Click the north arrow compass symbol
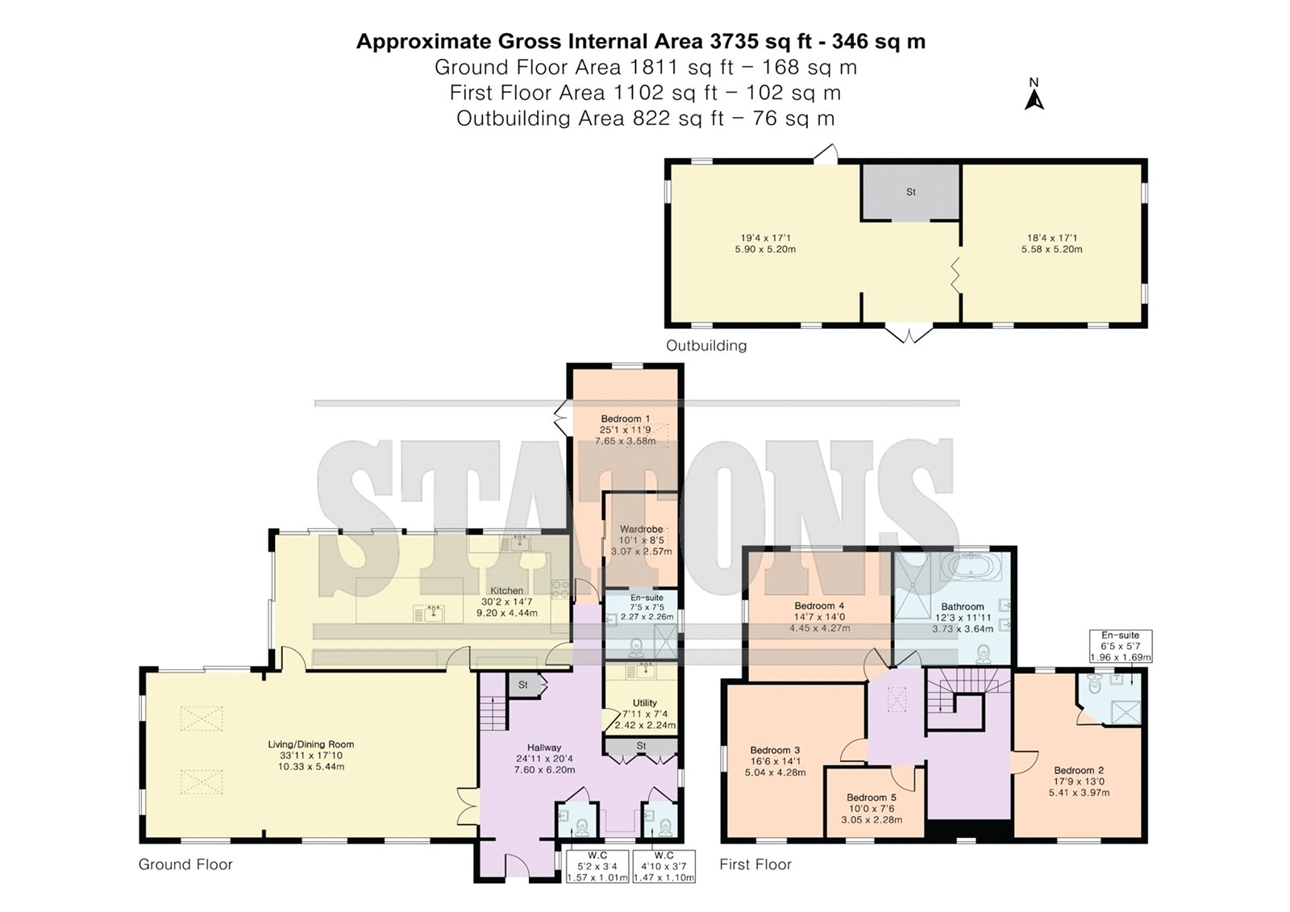pos(1034,95)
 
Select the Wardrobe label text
pos(641,529)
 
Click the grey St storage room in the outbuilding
pos(910,192)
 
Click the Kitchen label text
pos(507,590)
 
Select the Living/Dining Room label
pos(311,744)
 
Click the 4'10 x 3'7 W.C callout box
pos(664,867)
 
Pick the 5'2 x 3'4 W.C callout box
pos(597,867)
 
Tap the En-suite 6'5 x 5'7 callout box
pos(1121,647)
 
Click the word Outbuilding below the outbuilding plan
pos(706,345)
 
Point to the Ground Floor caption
pos(185,864)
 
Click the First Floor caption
pos(755,864)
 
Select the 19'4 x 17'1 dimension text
pos(765,237)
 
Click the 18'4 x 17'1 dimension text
pos(1052,237)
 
